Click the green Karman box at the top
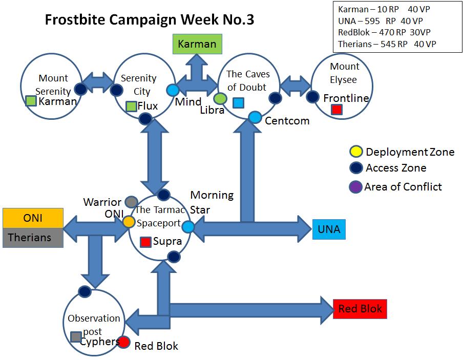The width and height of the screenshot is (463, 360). (197, 44)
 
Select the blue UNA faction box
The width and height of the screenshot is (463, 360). (329, 229)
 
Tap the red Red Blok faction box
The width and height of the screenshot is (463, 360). (360, 309)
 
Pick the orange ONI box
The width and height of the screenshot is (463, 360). (33, 218)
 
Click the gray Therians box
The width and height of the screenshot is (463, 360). (33, 238)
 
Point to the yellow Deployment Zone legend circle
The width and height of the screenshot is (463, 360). (356, 152)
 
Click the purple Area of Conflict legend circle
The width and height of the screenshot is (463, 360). (355, 187)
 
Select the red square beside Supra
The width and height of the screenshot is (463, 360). (145, 242)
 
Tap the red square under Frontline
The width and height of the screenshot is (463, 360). (336, 110)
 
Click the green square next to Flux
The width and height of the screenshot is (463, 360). (131, 107)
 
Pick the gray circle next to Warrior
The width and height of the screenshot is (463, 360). (131, 202)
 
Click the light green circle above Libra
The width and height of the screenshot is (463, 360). (220, 98)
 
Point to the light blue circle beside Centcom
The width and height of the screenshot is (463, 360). (255, 118)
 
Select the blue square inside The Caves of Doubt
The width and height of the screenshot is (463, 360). (238, 103)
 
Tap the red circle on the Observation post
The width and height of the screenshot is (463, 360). (123, 342)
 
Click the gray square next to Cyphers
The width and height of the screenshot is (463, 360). (76, 337)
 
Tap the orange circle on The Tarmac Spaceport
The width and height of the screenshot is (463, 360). (129, 222)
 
